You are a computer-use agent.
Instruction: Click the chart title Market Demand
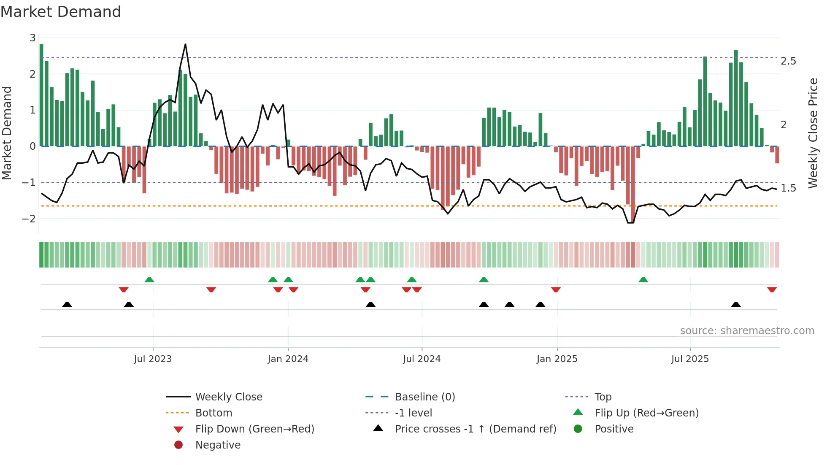click(x=61, y=12)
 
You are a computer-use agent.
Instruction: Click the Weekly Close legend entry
click(x=228, y=397)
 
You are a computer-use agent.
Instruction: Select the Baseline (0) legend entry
click(x=424, y=397)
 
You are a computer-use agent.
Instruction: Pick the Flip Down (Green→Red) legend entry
click(x=254, y=429)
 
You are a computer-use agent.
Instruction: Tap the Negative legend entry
click(x=218, y=445)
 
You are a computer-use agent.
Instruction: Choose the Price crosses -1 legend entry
click(x=475, y=429)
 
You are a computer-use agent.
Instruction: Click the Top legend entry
click(x=603, y=397)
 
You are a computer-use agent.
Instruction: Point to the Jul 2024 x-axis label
click(x=422, y=359)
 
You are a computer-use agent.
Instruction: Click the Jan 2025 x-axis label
click(x=557, y=359)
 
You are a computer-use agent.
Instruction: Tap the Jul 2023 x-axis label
click(x=153, y=359)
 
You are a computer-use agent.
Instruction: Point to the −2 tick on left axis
click(x=29, y=219)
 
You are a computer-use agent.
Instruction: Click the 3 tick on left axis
click(x=32, y=38)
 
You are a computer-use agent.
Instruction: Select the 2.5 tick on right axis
click(x=788, y=61)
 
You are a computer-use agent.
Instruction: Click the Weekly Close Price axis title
click(x=813, y=133)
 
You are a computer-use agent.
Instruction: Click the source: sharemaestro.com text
click(x=747, y=330)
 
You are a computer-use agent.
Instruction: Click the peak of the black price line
click(x=185, y=44)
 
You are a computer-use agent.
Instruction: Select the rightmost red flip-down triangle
click(x=772, y=290)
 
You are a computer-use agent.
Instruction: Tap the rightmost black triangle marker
click(x=736, y=304)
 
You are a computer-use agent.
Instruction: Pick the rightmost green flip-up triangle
click(x=643, y=280)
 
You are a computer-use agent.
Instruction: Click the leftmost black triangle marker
click(x=67, y=304)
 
